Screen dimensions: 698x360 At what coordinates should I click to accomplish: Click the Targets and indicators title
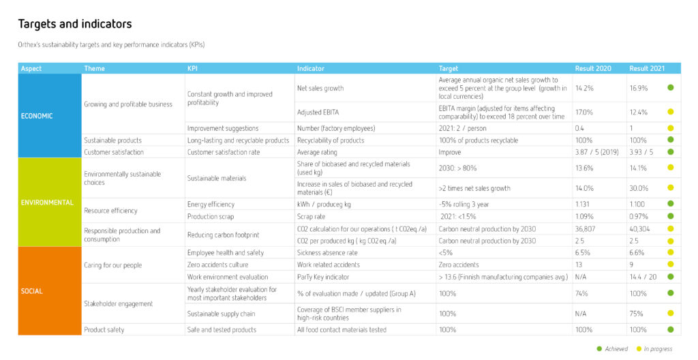pos(75,24)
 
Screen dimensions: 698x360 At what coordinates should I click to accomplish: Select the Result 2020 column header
pos(593,69)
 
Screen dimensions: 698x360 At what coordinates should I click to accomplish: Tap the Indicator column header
pos(311,69)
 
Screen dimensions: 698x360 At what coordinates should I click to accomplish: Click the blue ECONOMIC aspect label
pos(37,116)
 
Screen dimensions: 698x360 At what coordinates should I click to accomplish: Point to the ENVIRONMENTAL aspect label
pos(47,202)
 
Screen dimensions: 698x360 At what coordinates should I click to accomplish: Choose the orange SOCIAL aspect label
pos(31,291)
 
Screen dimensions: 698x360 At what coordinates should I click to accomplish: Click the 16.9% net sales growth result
pos(638,88)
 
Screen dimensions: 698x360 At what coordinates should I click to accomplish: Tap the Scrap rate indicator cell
pos(311,217)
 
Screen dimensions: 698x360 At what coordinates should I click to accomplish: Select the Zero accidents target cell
pos(459,265)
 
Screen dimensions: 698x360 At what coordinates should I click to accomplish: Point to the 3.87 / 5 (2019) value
pos(597,152)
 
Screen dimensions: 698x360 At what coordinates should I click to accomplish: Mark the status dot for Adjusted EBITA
pos(671,112)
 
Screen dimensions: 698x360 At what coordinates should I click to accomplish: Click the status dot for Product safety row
pos(671,330)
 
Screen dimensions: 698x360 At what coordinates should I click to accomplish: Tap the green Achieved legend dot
pos(599,349)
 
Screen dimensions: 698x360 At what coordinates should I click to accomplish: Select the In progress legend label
pos(658,349)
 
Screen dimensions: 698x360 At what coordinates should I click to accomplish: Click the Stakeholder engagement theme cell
pos(119,303)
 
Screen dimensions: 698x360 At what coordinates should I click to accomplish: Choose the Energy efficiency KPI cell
pos(211,204)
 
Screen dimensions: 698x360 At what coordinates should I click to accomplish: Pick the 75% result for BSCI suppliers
pos(636,314)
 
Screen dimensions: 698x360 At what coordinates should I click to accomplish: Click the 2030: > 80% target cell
pos(457,168)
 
